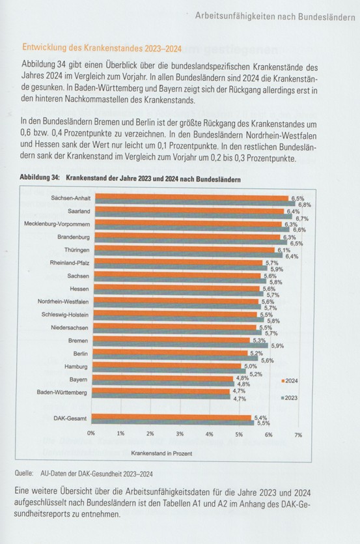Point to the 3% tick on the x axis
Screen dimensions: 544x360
tap(180, 433)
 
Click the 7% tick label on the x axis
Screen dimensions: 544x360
tap(299, 433)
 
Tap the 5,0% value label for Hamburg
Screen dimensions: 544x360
tap(250, 367)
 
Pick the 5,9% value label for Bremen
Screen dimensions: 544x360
tap(277, 345)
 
